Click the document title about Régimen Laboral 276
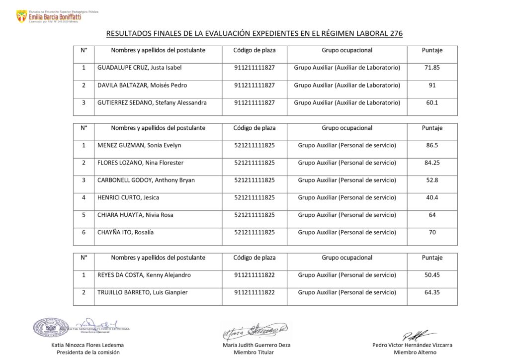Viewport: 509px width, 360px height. click(254, 34)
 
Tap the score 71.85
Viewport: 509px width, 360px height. click(432, 68)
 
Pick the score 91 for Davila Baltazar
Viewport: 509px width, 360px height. click(432, 85)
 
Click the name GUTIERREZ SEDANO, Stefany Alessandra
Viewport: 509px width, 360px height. click(152, 103)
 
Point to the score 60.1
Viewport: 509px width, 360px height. click(432, 103)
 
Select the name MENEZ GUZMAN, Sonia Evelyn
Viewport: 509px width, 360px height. click(139, 145)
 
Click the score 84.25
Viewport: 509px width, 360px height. click(432, 163)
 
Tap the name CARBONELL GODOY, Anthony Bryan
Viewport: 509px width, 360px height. click(146, 180)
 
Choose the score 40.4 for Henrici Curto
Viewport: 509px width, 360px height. click(432, 197)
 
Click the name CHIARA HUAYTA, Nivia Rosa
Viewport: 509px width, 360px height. click(135, 215)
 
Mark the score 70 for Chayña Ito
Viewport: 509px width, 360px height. click(432, 232)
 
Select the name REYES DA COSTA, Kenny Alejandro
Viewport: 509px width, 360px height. click(144, 275)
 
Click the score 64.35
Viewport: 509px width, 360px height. click(432, 292)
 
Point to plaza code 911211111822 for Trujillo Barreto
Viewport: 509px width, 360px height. click(254, 292)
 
